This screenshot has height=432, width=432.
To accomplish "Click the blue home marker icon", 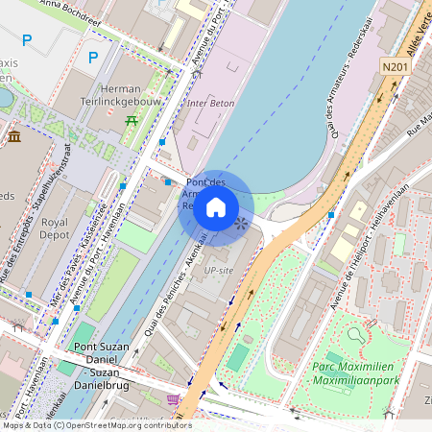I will click(x=216, y=207).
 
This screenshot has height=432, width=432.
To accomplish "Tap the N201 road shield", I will click(x=394, y=66).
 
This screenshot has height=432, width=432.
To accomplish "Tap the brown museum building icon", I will click(x=14, y=136).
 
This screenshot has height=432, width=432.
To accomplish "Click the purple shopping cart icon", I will click(x=173, y=399).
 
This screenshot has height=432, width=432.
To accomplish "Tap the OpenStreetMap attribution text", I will click(x=96, y=425).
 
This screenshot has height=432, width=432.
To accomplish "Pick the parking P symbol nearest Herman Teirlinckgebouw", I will click(x=93, y=58).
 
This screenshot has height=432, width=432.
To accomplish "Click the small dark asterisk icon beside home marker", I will click(x=240, y=223).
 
